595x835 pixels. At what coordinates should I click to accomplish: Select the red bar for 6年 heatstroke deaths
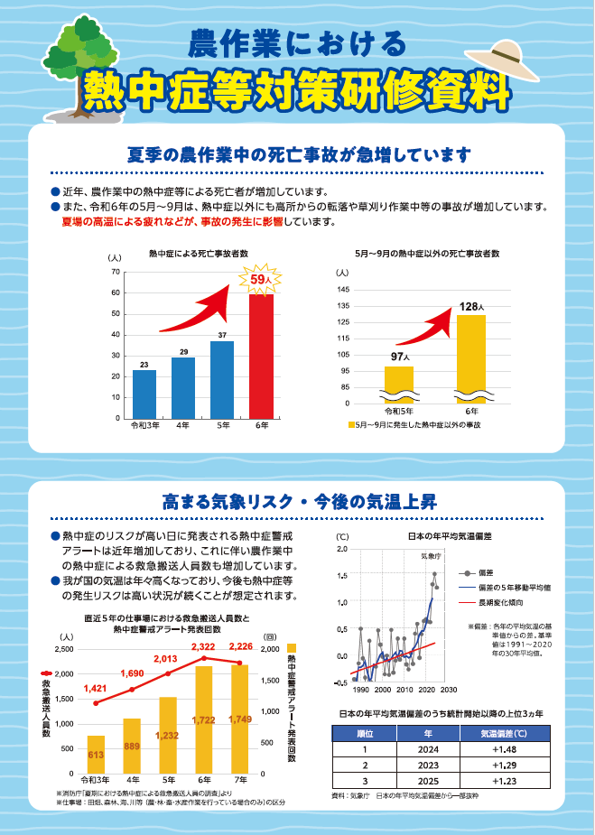(x=261, y=357)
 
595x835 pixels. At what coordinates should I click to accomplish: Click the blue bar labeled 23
(x=144, y=394)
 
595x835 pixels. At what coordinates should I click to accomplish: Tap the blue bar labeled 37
(x=222, y=379)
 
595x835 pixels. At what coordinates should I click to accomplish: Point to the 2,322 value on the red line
(x=204, y=647)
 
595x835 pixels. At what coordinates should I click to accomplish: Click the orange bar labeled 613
(x=96, y=755)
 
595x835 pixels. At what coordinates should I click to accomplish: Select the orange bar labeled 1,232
(x=168, y=735)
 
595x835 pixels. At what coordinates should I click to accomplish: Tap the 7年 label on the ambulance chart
(x=240, y=779)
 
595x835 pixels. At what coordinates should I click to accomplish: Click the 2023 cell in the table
(x=428, y=765)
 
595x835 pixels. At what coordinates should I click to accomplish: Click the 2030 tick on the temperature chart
(x=449, y=690)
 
